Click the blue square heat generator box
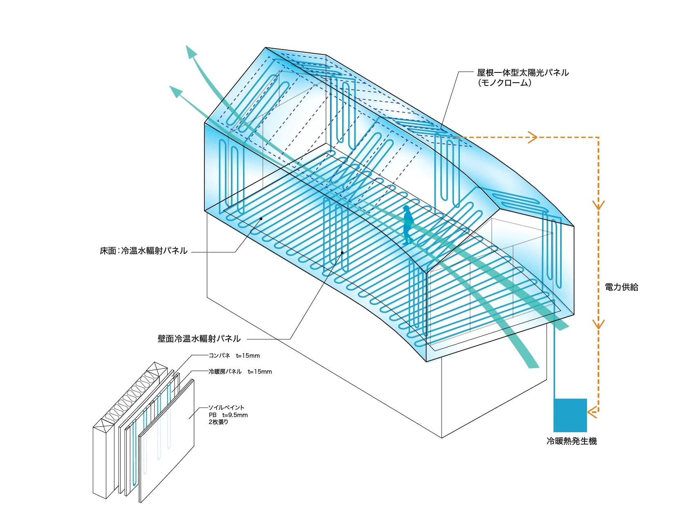[x=570, y=415]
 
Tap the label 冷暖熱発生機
[x=571, y=441]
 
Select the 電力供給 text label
[x=621, y=287]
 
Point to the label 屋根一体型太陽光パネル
[x=523, y=73]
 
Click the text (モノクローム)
[x=504, y=83]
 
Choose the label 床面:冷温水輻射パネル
[x=143, y=250]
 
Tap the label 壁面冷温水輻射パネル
[x=199, y=338]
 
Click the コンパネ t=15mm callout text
[x=234, y=355]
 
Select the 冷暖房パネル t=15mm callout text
[x=240, y=372]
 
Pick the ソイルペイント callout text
[x=226, y=407]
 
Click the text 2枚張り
[x=218, y=422]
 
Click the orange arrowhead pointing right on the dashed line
[x=532, y=137]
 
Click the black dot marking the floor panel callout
[x=261, y=219]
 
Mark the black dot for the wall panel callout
[x=342, y=253]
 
